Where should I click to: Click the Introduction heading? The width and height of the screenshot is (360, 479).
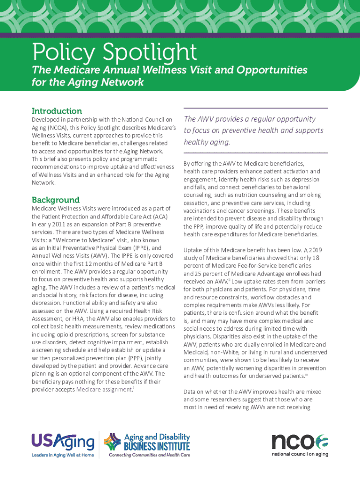[57, 111]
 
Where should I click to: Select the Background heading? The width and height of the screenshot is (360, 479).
[55, 200]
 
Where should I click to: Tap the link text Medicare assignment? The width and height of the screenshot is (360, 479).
[104, 389]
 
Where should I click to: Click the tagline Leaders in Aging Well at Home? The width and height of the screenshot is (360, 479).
[63, 455]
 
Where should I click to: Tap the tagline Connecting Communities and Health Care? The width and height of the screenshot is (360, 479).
[149, 455]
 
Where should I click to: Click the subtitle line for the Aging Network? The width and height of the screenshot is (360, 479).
[87, 83]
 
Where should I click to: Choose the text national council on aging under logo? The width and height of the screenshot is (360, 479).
[300, 454]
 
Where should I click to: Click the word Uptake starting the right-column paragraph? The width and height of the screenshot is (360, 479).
[194, 250]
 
